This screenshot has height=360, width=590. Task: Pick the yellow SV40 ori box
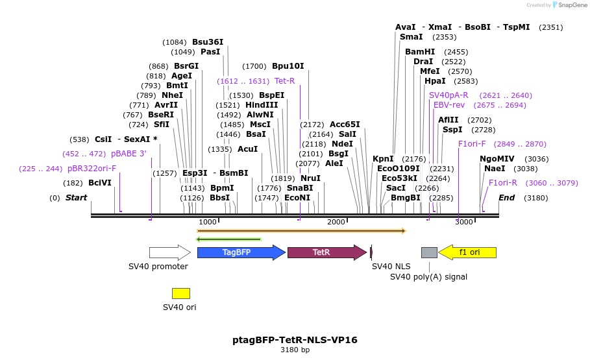[181, 293]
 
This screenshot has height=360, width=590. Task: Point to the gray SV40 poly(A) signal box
[429, 252]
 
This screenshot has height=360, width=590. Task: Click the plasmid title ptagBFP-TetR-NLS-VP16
[295, 340]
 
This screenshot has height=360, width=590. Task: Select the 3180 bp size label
[295, 350]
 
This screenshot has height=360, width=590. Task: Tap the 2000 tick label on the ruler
[336, 222]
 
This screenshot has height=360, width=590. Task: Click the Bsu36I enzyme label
[208, 42]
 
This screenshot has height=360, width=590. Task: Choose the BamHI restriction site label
[420, 52]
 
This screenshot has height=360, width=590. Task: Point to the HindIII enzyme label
[262, 104]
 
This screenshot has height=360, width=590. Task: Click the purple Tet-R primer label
[284, 81]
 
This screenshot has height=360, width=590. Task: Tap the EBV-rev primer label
[449, 104]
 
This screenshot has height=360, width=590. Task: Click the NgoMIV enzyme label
[497, 158]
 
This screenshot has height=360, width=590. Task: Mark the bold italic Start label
[76, 198]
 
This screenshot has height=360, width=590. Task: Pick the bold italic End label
[506, 198]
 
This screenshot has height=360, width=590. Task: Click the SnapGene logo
[569, 5]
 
